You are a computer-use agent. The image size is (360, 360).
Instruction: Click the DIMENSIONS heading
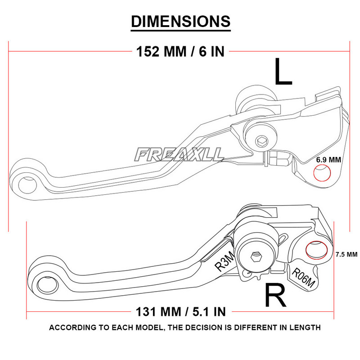click(x=180, y=21)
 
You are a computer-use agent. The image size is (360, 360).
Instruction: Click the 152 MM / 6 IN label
click(x=180, y=51)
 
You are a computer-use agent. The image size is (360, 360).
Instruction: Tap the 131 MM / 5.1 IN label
click(x=180, y=311)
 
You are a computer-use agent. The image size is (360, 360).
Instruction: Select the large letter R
click(x=275, y=295)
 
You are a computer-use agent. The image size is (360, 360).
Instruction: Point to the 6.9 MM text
click(x=328, y=160)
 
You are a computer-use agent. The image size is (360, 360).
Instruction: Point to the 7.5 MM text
click(x=346, y=254)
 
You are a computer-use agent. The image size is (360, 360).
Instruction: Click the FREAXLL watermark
click(x=180, y=155)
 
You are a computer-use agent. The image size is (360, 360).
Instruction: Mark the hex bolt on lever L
click(x=261, y=143)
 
